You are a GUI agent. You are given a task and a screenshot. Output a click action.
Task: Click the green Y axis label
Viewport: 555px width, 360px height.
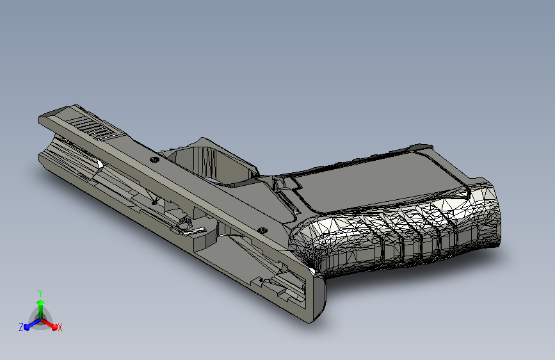[40, 293]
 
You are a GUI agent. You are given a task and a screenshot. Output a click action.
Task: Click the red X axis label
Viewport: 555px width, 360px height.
[60, 327]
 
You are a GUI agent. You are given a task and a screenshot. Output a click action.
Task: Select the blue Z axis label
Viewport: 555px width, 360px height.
[21, 327]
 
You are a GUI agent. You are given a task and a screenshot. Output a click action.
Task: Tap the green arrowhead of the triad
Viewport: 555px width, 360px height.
[41, 302]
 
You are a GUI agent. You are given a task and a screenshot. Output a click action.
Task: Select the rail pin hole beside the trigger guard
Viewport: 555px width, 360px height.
[155, 160]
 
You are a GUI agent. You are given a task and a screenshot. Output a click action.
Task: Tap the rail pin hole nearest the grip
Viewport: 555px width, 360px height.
[262, 231]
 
